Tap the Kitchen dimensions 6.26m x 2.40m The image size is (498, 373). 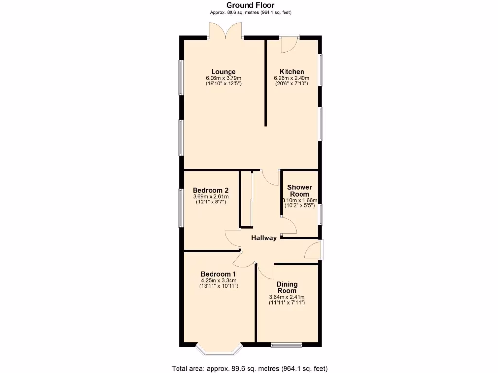(292, 78)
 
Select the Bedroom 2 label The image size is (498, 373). (210, 190)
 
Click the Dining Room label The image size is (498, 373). (287, 287)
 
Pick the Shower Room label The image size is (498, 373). (300, 190)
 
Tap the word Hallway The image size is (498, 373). (264, 237)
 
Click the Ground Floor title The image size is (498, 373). (250, 5)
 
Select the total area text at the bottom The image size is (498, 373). (253, 368)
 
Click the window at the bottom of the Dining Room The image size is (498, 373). (287, 345)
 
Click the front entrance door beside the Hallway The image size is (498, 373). (313, 251)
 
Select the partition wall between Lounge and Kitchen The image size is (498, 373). (265, 83)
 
